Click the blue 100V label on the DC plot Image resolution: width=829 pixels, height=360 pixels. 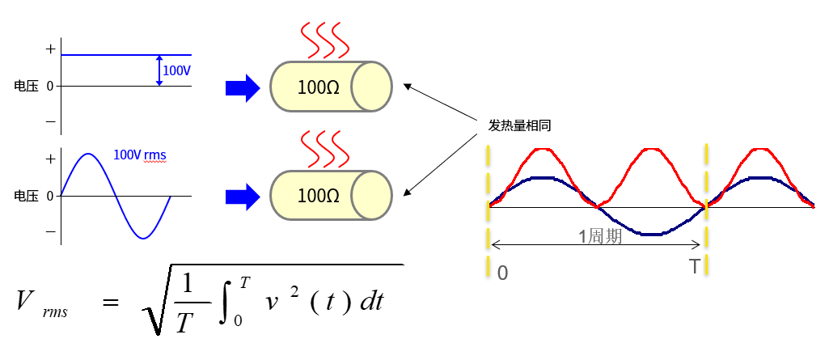click(177, 71)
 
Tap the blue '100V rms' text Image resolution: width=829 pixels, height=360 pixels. click(141, 155)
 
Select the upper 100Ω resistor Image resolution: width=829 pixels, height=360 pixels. click(330, 86)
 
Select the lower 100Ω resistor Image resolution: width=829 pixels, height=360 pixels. click(330, 195)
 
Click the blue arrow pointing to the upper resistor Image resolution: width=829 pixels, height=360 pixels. click(241, 87)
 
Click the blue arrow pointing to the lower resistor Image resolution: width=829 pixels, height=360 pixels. click(241, 195)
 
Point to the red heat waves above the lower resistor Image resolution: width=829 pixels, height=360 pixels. click(326, 146)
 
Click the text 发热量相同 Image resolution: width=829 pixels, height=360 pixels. click(519, 125)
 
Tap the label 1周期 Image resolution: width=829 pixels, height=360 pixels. click(599, 237)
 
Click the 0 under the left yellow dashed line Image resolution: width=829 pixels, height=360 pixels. click(502, 273)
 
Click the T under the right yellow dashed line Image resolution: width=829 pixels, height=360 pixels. click(695, 267)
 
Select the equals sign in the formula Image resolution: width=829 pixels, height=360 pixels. click(109, 302)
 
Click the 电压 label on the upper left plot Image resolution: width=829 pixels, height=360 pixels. click(27, 85)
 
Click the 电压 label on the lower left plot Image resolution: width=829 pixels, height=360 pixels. click(27, 195)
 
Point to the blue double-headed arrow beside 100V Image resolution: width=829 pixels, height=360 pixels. click(159, 70)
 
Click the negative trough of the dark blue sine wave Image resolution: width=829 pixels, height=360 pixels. click(652, 234)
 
